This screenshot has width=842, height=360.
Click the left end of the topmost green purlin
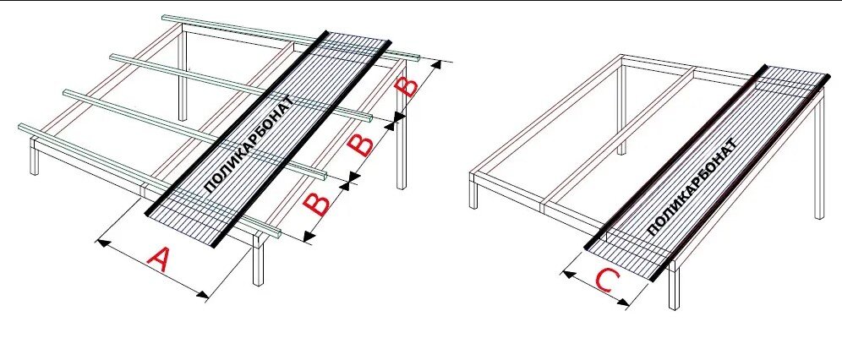[166, 17]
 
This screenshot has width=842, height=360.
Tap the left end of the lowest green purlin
[22, 128]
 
